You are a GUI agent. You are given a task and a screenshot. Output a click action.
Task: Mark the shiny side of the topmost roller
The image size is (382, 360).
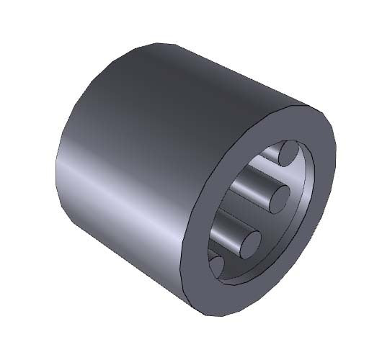tap(270, 152)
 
